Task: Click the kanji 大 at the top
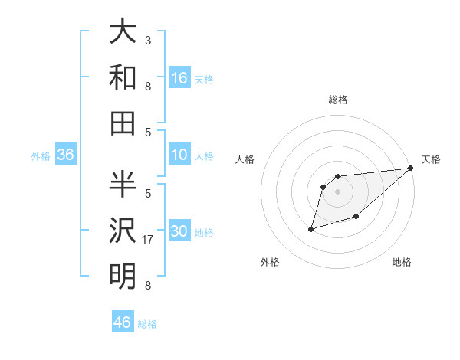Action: pos(123,32)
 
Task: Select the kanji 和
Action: pos(123,77)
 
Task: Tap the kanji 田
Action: pos(123,122)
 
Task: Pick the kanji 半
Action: pos(123,184)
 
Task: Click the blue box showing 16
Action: pos(179,78)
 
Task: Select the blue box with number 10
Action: pos(179,155)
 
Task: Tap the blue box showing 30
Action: pos(179,232)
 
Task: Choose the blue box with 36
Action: pos(66,155)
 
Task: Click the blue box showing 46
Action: pos(123,322)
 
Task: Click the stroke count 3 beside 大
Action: pos(148,40)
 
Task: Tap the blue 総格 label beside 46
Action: pos(147,324)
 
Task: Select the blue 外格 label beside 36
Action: pos(41,156)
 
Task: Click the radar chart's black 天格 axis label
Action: pos(431,159)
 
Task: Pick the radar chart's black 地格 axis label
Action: pos(402,262)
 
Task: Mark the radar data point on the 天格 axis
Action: pos(412,169)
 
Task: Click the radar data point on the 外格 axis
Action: pos(311,228)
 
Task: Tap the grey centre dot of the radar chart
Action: pos(337,191)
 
